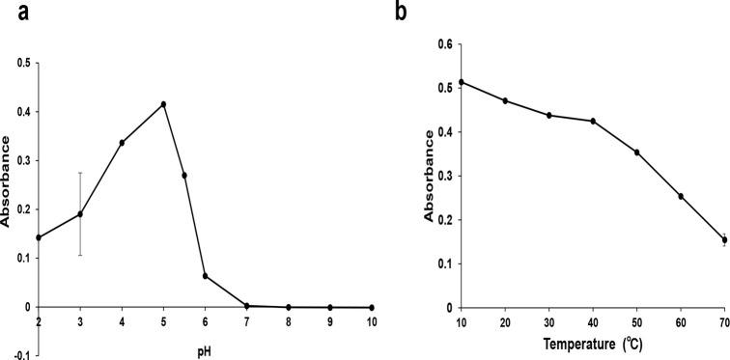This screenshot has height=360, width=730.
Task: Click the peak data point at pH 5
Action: point(164,104)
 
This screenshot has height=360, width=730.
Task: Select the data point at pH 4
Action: point(122,143)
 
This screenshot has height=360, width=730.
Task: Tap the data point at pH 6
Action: point(205,276)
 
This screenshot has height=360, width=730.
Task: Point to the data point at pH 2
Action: point(39,237)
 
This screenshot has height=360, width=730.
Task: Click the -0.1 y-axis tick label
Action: point(22,355)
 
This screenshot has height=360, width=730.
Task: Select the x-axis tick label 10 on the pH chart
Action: point(371,320)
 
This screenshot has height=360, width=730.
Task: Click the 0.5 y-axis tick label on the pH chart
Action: point(23,64)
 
